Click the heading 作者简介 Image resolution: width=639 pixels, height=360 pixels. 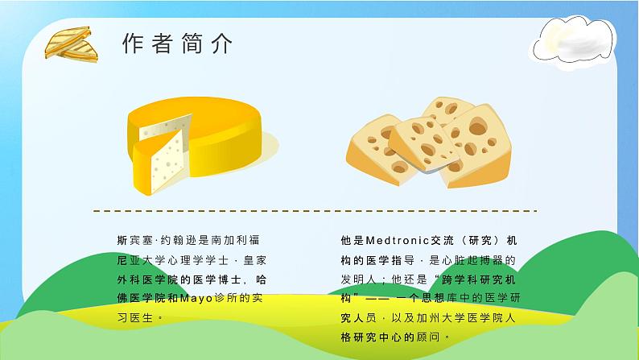(178, 44)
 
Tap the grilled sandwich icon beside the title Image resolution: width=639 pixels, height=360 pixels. (70, 45)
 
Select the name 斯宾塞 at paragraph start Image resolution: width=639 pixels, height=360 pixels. (132, 241)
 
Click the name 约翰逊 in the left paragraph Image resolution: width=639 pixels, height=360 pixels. (171, 241)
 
